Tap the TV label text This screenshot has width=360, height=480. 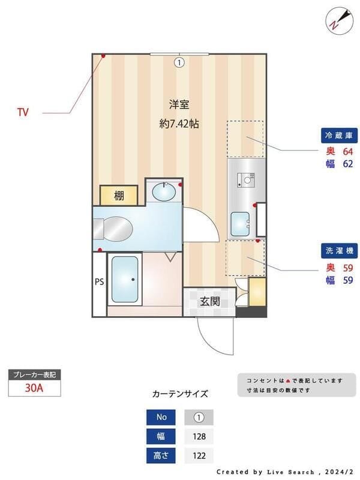click(x=23, y=112)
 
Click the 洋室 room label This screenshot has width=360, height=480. click(x=179, y=105)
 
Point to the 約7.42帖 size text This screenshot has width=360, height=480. click(x=179, y=124)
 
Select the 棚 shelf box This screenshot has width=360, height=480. click(x=119, y=195)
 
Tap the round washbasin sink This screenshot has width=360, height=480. click(x=163, y=193)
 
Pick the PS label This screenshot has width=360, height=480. click(x=99, y=281)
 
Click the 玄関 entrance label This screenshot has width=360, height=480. click(x=209, y=301)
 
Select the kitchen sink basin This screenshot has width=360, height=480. click(x=241, y=224)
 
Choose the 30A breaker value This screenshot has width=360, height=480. click(x=34, y=388)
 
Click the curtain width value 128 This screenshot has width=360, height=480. click(x=198, y=436)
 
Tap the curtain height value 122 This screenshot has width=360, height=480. click(x=198, y=456)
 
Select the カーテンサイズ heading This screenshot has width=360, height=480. click(x=180, y=394)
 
